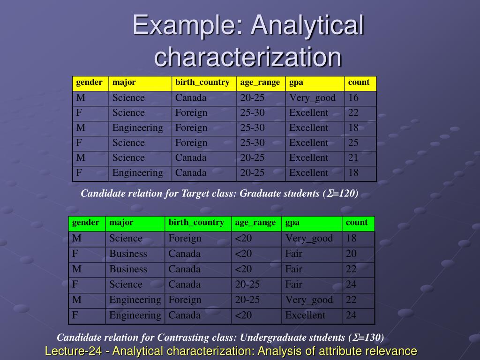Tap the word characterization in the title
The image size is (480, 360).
(248, 57)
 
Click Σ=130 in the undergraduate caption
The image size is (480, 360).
(367, 337)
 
